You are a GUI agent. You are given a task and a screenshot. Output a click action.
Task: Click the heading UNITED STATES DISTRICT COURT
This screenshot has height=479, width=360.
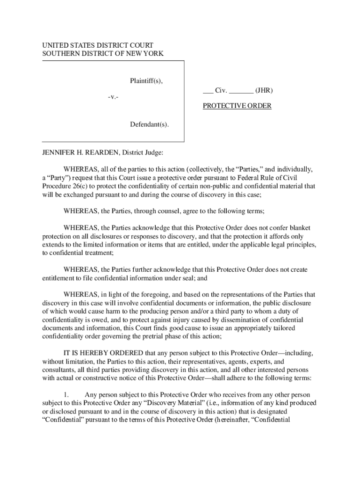[98, 45]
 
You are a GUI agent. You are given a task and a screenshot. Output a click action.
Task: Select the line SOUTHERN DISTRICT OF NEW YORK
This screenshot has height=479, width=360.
[103, 54]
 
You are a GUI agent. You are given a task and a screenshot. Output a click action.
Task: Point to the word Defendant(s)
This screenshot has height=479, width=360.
[149, 124]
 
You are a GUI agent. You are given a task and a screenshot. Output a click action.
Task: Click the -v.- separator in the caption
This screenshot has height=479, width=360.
[112, 97]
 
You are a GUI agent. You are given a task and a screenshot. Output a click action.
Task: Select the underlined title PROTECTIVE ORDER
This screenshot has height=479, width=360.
[237, 106]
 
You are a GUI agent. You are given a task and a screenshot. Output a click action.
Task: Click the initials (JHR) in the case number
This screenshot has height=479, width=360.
[264, 90]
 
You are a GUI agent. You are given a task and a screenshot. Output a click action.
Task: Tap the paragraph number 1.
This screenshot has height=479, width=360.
[66, 395]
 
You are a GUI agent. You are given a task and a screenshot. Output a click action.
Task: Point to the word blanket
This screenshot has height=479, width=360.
[299, 228]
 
